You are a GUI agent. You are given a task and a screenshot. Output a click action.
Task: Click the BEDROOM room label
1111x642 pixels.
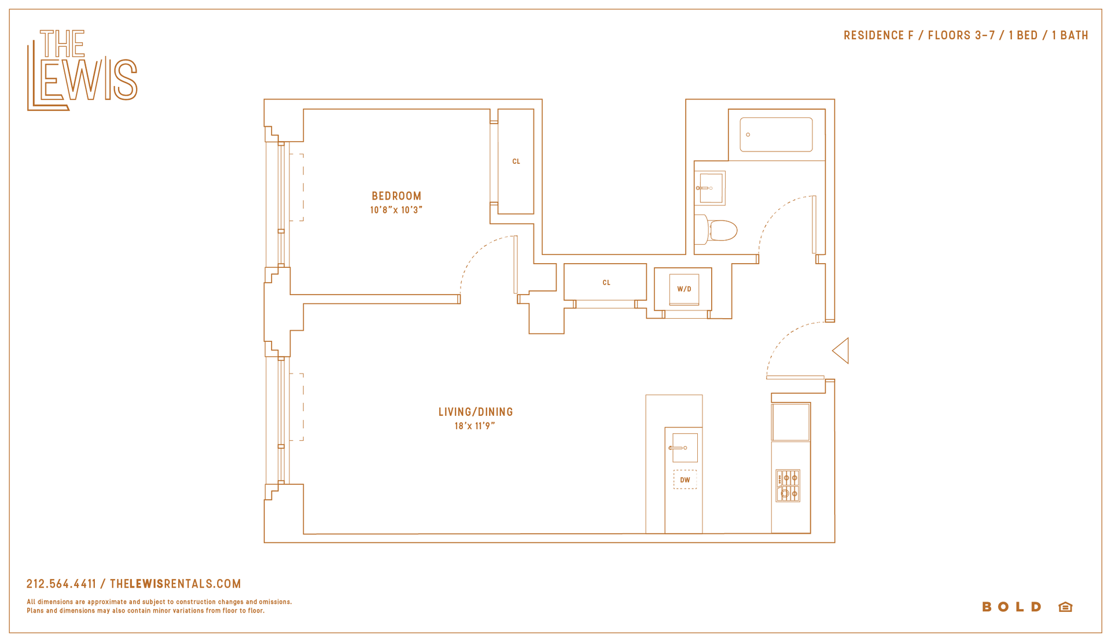[x=396, y=196]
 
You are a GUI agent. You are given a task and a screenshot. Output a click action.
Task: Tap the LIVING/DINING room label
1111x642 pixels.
[x=476, y=412]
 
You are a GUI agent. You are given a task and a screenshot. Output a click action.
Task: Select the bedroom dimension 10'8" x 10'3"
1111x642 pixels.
[x=396, y=210]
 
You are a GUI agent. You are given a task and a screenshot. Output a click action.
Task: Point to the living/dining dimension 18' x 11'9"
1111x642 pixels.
[x=474, y=426]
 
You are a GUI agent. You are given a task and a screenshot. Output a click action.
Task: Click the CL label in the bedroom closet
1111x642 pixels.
[x=516, y=161]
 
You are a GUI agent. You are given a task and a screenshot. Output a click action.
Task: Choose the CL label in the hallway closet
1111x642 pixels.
[x=606, y=283]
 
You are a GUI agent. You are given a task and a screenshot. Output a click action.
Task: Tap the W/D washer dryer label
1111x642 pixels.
[x=684, y=289]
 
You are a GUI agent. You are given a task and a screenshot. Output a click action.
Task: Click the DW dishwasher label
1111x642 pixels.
[x=685, y=480]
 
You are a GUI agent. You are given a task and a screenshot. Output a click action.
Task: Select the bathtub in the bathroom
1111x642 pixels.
[x=776, y=135]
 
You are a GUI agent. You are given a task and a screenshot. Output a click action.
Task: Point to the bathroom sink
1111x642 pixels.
[x=710, y=188]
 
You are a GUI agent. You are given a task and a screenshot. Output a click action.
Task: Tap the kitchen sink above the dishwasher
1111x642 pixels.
[x=685, y=447]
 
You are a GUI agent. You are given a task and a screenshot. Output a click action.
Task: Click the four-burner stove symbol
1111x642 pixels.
[x=788, y=486]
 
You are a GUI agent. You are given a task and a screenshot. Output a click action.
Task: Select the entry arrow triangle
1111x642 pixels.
[x=841, y=350]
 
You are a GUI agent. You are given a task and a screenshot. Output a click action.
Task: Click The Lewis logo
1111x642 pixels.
[x=82, y=70]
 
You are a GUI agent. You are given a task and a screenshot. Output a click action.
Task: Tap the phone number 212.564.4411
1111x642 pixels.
[x=61, y=584]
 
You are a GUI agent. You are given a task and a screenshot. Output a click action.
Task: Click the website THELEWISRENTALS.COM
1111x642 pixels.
[x=175, y=584]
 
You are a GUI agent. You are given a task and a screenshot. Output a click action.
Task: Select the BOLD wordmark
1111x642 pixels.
[x=1012, y=607]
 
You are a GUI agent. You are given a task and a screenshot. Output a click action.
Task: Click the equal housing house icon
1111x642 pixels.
[x=1065, y=607]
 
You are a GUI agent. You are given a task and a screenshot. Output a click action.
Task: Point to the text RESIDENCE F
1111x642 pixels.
[x=878, y=36]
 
